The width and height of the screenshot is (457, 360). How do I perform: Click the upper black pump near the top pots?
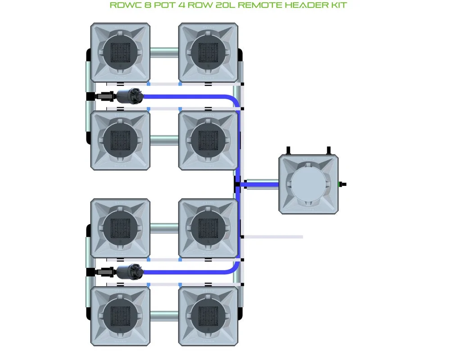coord(129,96)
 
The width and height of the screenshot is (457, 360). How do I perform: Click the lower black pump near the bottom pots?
coord(129,272)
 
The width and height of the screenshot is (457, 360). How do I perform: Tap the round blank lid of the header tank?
coord(308,184)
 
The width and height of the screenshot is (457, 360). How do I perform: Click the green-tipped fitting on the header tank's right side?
coord(342,184)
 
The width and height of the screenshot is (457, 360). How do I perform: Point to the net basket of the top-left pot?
coord(120,53)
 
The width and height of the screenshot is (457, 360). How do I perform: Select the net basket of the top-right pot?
coord(208,53)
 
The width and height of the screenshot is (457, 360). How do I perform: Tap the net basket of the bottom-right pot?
coord(208,317)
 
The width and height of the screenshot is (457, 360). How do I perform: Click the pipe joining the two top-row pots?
coord(164,53)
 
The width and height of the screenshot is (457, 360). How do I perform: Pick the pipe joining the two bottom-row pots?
coord(164,316)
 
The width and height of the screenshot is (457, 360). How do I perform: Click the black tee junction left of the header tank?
coord(237,184)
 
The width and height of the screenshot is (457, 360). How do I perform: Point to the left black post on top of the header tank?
coord(288,150)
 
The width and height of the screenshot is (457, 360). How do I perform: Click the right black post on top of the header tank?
coord(329,150)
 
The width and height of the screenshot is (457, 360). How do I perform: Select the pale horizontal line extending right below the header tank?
coord(273,237)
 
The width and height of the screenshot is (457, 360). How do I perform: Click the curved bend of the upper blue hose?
coord(235,99)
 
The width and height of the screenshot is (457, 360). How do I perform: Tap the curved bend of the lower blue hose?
coord(235,269)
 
